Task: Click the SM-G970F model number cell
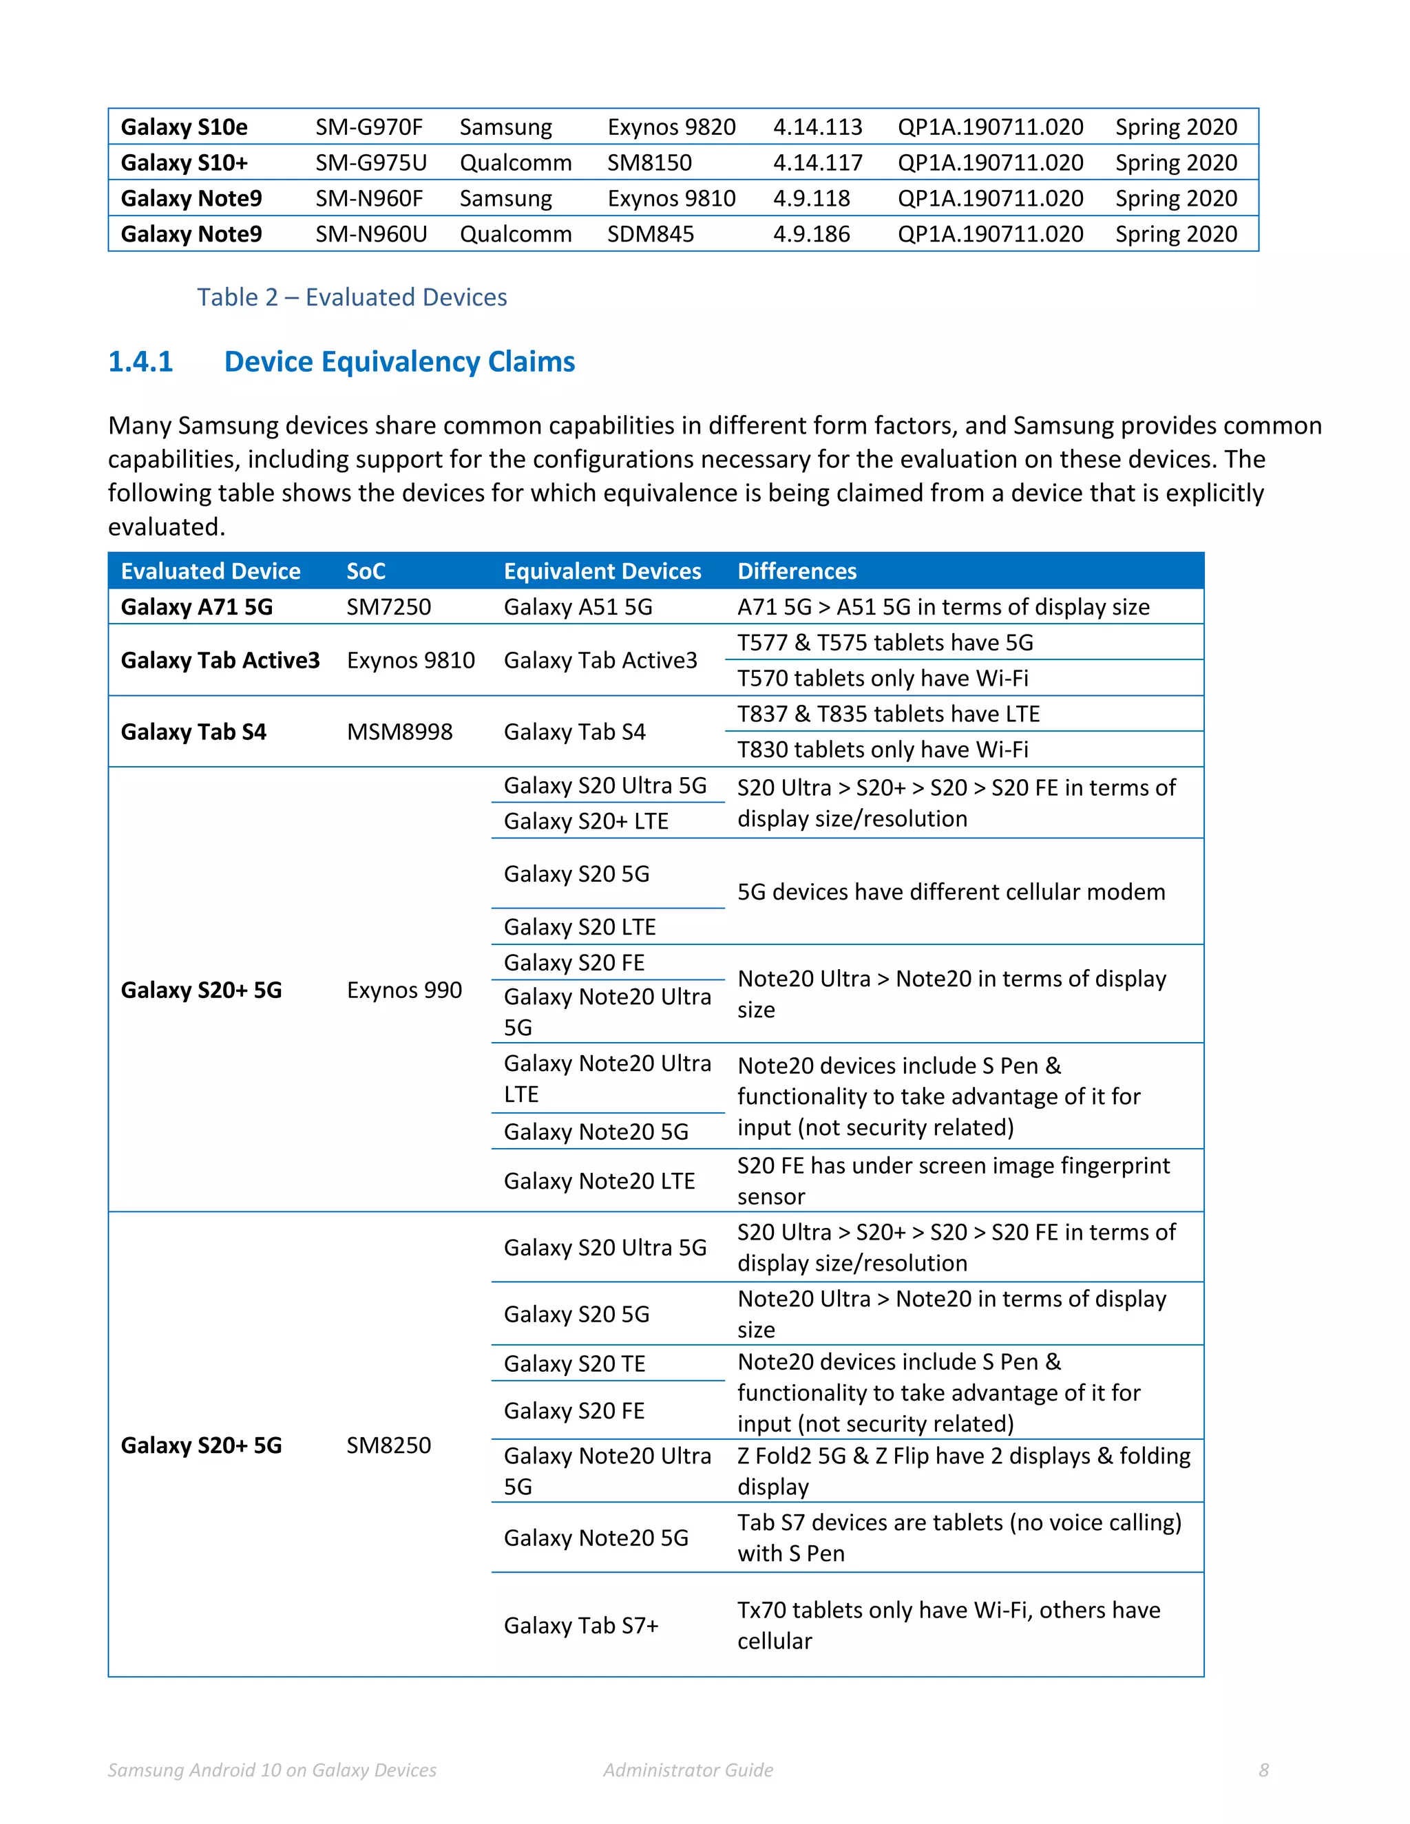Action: [368, 127]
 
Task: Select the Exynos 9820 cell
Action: [671, 127]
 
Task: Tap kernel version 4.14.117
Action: [817, 163]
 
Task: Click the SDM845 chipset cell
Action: [650, 234]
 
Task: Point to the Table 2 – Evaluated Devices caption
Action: [352, 297]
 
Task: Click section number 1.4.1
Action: [140, 361]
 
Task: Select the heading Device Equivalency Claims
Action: [399, 361]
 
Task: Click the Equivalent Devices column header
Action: [602, 571]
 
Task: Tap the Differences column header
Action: [796, 571]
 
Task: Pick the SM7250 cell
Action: [388, 607]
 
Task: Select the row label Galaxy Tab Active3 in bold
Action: [220, 661]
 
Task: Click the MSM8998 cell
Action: [399, 732]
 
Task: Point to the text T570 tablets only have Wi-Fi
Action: [882, 678]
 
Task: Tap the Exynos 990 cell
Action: [403, 990]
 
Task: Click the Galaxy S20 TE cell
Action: [574, 1364]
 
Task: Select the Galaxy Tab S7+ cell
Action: [580, 1625]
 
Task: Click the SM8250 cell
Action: [388, 1445]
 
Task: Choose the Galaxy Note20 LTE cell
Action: [599, 1181]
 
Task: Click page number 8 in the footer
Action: [1263, 1770]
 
